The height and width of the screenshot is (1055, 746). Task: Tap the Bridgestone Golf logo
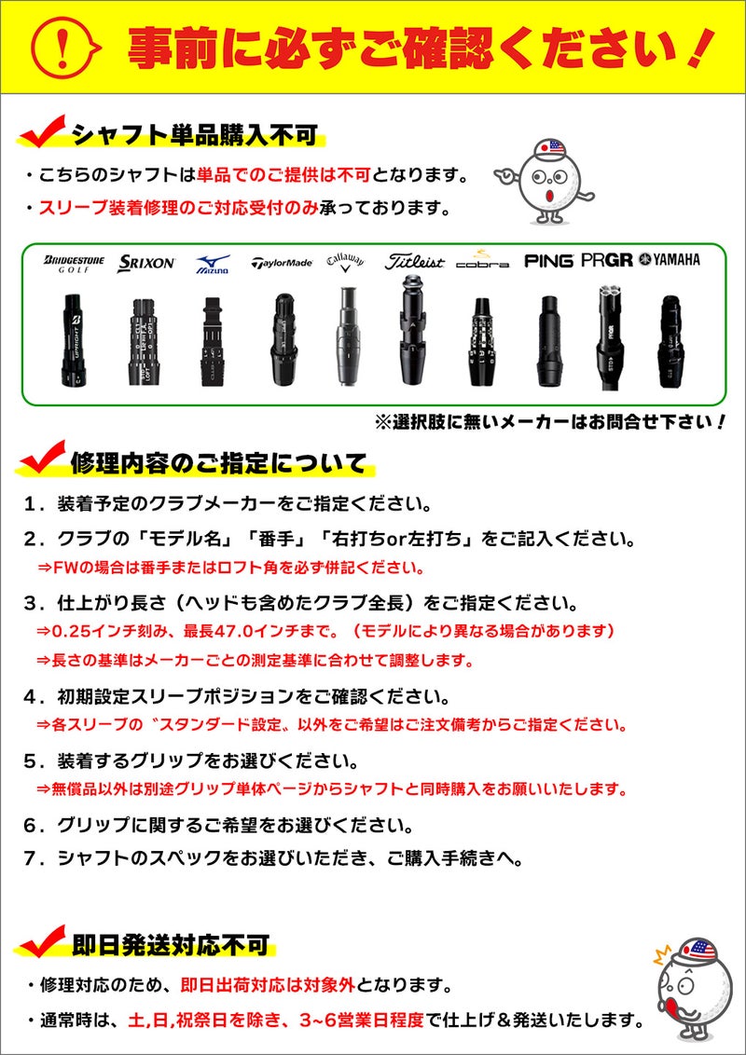[x=75, y=263]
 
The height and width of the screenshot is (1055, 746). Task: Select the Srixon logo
[x=145, y=263]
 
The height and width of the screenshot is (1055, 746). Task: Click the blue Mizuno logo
[x=213, y=264]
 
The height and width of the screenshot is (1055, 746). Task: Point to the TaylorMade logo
[x=281, y=263]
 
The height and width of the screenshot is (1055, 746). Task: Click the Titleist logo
[x=414, y=263]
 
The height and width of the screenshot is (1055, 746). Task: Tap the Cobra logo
[x=482, y=260]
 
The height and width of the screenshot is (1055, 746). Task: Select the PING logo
[x=548, y=261]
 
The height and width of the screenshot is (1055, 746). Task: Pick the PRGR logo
[x=606, y=261]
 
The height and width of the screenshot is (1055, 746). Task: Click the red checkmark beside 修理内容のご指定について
[x=41, y=459]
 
